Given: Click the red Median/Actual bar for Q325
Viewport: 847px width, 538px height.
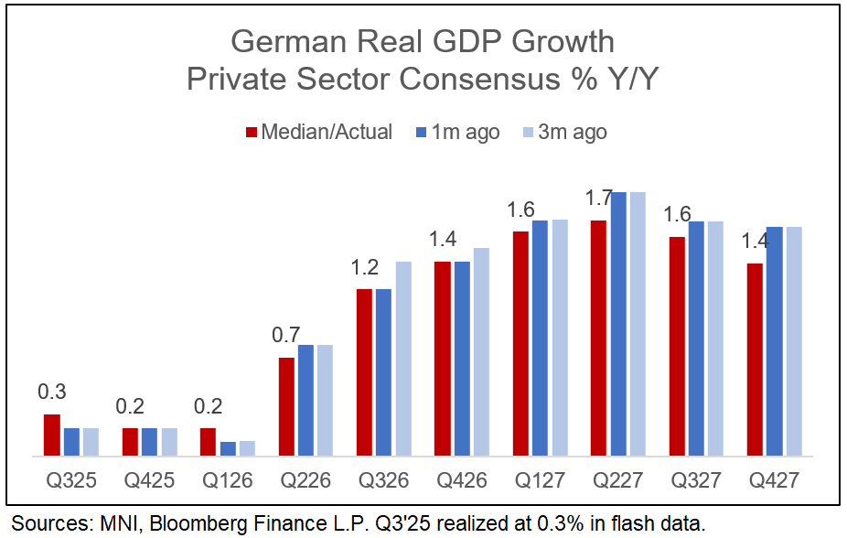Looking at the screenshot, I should pyautogui.click(x=52, y=435).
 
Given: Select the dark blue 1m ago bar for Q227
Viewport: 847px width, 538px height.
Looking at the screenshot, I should pyautogui.click(x=619, y=324).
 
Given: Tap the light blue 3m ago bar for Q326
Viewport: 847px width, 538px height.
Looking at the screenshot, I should pyautogui.click(x=403, y=359).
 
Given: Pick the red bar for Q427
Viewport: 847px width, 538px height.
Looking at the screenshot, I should pyautogui.click(x=756, y=360).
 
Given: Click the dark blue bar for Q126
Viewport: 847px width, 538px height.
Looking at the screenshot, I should pyautogui.click(x=228, y=448).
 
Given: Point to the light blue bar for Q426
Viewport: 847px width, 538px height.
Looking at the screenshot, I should pyautogui.click(x=481, y=351).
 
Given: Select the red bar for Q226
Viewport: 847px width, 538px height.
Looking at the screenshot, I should pyautogui.click(x=286, y=406).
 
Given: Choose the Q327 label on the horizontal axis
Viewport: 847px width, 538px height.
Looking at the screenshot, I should pyautogui.click(x=696, y=479).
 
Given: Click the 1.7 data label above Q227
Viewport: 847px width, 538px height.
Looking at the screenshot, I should pyautogui.click(x=599, y=198).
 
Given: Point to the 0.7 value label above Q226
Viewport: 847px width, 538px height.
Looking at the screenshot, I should pyautogui.click(x=286, y=335).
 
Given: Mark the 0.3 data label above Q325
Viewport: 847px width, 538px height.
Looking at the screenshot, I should pyautogui.click(x=52, y=392).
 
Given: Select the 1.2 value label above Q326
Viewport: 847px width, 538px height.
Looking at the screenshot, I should pyautogui.click(x=365, y=267).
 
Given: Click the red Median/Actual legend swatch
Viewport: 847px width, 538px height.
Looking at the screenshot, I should pyautogui.click(x=252, y=133).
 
